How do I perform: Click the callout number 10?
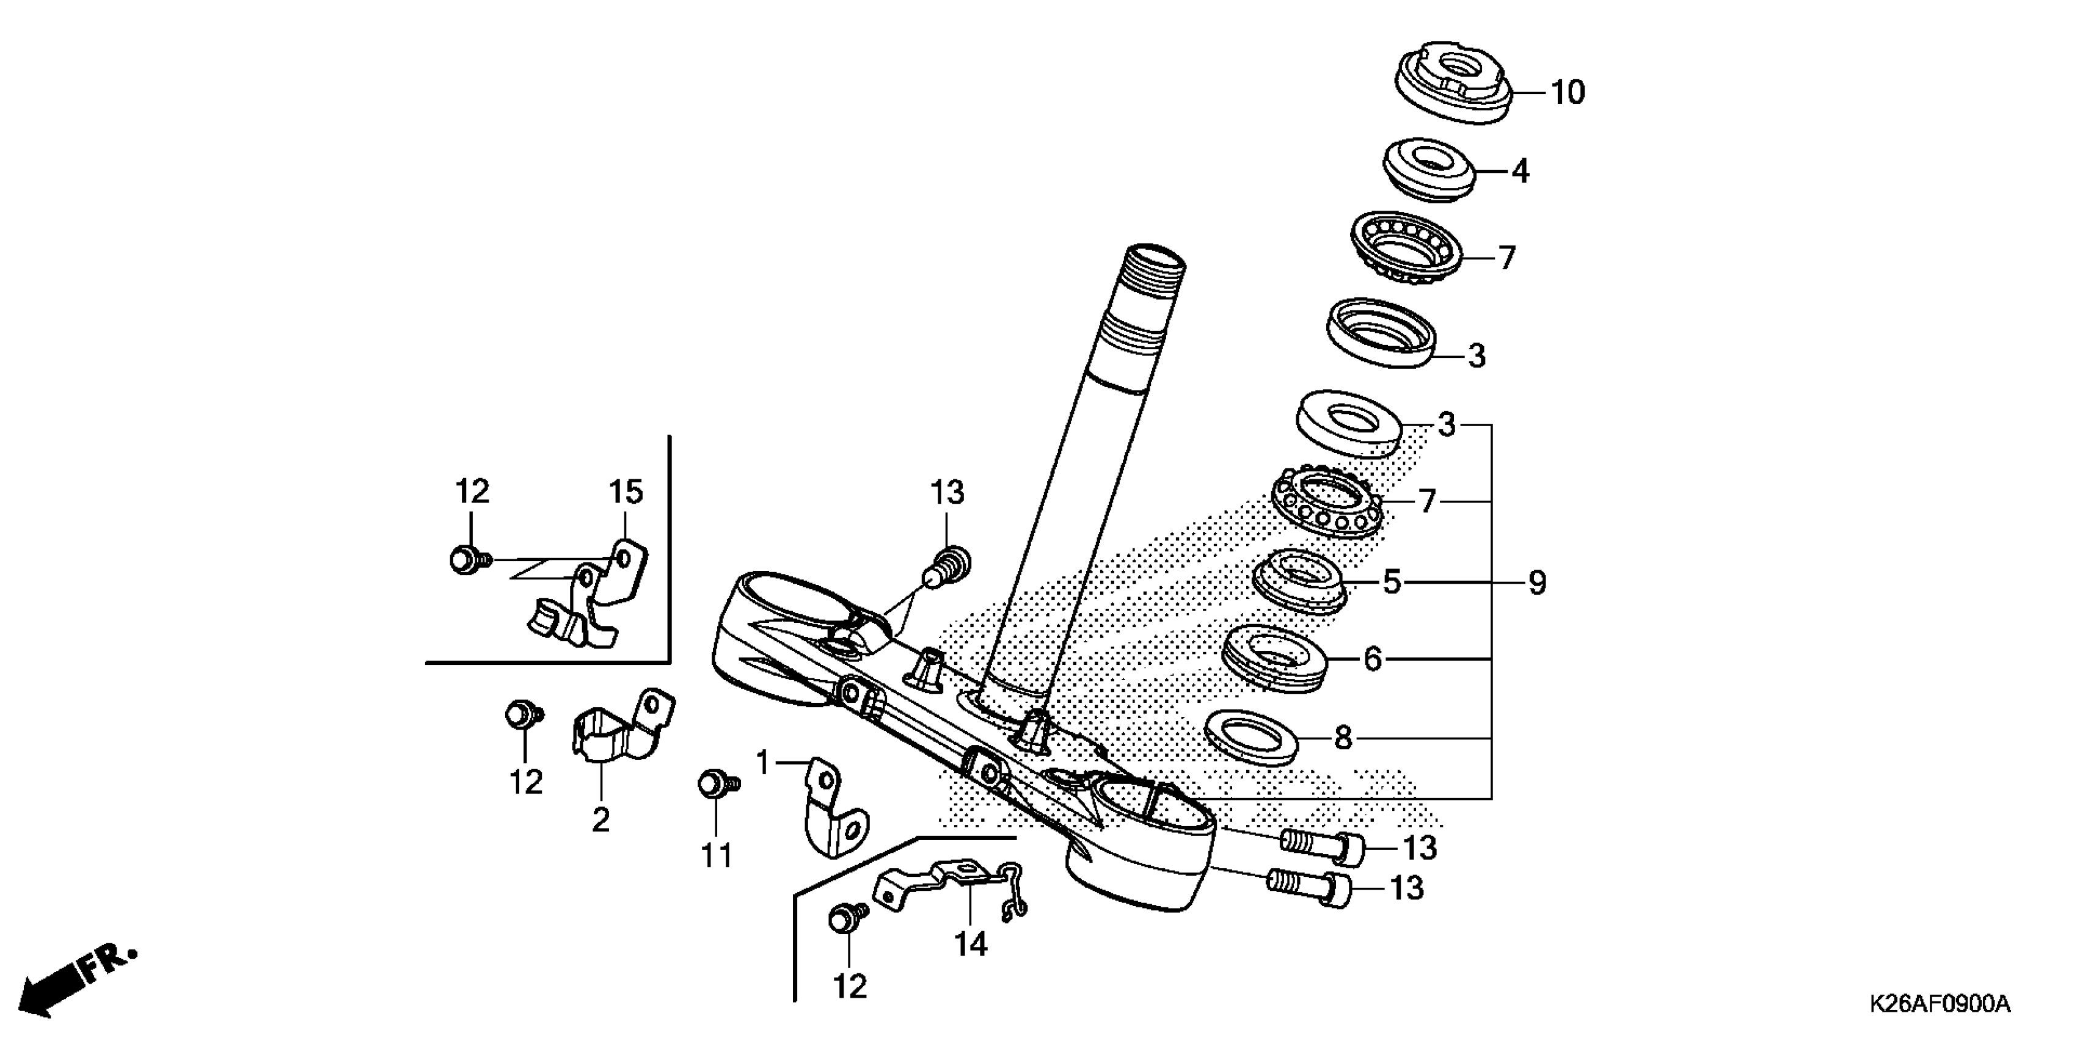click(x=1568, y=93)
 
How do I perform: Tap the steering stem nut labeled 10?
click(x=1452, y=81)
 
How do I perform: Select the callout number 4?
click(x=1520, y=171)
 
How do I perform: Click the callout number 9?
click(x=1537, y=583)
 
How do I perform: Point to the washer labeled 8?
click(x=1250, y=736)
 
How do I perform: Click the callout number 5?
click(x=1392, y=582)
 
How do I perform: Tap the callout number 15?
click(x=626, y=492)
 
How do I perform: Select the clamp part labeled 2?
click(x=621, y=728)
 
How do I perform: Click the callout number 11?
click(x=716, y=855)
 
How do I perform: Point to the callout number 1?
click(x=764, y=763)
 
